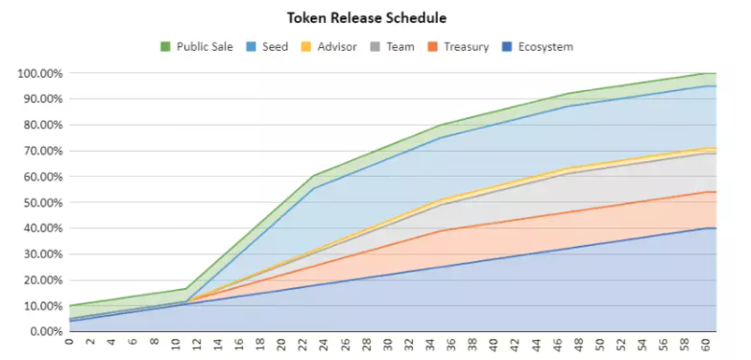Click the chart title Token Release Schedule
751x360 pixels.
coord(367,18)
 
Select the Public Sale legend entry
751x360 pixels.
coord(196,47)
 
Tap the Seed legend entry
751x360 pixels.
coord(268,47)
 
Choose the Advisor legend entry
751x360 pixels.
coord(329,47)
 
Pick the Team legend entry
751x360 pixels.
coord(392,47)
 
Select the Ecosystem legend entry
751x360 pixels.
coord(538,47)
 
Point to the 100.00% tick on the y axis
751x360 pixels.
coord(40,73)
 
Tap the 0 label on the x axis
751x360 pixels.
coord(70,343)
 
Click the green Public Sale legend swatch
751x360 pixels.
coord(165,47)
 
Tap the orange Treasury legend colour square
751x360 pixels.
coord(433,47)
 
